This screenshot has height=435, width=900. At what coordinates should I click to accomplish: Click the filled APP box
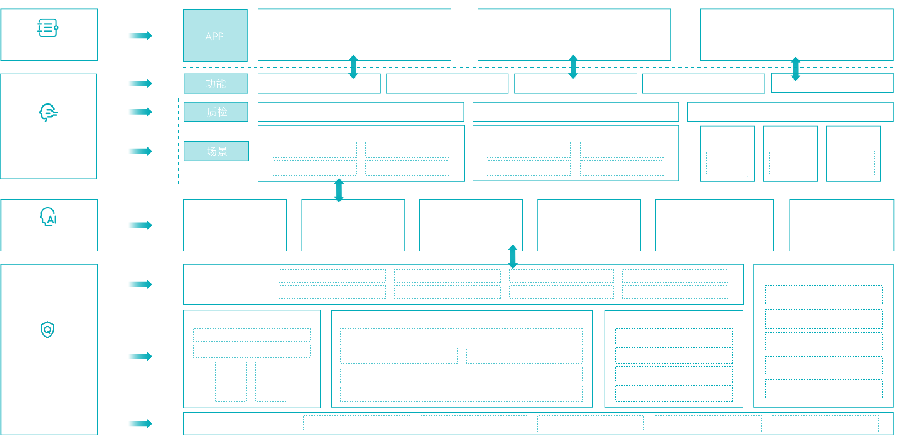pyautogui.click(x=215, y=36)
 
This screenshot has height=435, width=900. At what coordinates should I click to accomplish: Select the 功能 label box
pyautogui.click(x=216, y=83)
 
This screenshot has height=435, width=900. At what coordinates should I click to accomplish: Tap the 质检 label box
pyautogui.click(x=216, y=112)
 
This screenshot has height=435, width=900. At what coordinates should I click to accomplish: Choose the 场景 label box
pyautogui.click(x=216, y=151)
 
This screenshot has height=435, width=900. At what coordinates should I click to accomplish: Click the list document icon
pyautogui.click(x=48, y=28)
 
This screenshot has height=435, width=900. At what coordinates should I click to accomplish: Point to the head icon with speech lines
pyautogui.click(x=48, y=112)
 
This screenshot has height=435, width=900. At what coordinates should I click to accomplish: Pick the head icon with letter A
pyautogui.click(x=48, y=217)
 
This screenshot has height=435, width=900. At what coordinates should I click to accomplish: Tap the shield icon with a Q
pyautogui.click(x=47, y=330)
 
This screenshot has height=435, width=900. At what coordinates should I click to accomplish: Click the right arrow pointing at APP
pyautogui.click(x=140, y=36)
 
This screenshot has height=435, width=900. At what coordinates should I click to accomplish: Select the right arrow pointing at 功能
pyautogui.click(x=140, y=83)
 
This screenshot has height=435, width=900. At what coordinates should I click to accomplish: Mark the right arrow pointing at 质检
pyautogui.click(x=140, y=112)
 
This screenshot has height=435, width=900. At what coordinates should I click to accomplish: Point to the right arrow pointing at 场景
pyautogui.click(x=140, y=151)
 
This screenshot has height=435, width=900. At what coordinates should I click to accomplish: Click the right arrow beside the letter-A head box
pyautogui.click(x=140, y=225)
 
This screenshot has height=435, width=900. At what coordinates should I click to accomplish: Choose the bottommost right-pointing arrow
pyautogui.click(x=140, y=423)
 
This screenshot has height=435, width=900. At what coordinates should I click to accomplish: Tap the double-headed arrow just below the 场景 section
pyautogui.click(x=339, y=190)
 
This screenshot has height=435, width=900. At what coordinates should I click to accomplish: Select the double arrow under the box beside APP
pyautogui.click(x=353, y=67)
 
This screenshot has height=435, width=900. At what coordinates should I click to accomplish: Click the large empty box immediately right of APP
pyautogui.click(x=354, y=35)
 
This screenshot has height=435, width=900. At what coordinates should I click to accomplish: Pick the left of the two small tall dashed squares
pyautogui.click(x=231, y=381)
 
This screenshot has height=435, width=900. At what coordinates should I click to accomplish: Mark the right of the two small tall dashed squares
pyautogui.click(x=271, y=381)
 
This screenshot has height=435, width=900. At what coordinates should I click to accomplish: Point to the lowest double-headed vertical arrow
pyautogui.click(x=513, y=257)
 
